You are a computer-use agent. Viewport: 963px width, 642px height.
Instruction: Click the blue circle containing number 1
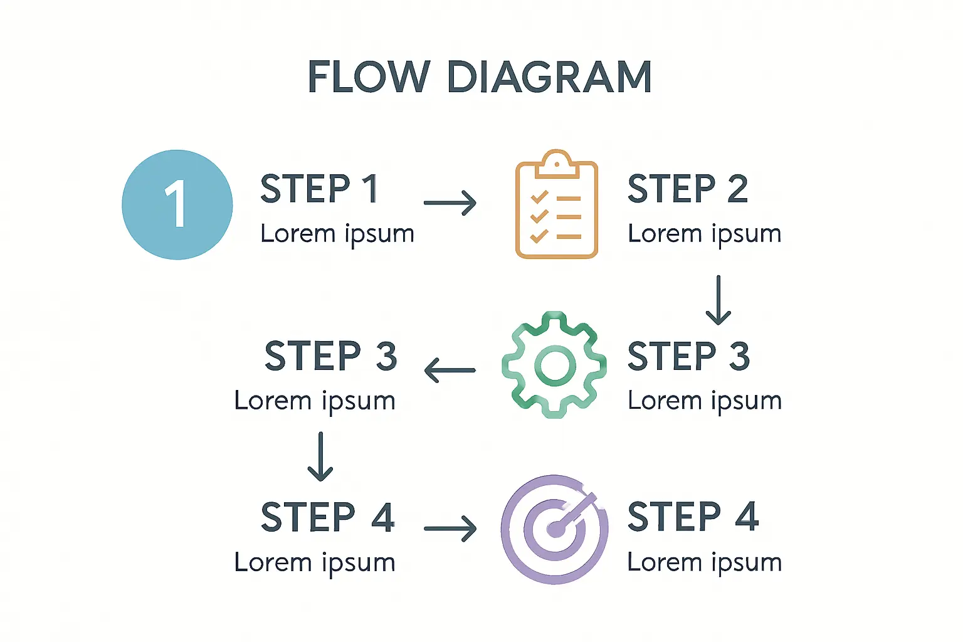pyautogui.click(x=177, y=204)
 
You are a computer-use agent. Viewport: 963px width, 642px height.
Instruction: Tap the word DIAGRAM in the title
pyautogui.click(x=549, y=77)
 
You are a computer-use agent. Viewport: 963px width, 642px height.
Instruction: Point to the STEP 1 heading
pyautogui.click(x=319, y=189)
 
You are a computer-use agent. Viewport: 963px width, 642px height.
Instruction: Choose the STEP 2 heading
pyautogui.click(x=688, y=189)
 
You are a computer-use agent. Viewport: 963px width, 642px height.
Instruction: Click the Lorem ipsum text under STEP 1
pyautogui.click(x=337, y=234)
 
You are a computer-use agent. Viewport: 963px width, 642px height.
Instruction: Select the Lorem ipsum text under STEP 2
pyautogui.click(x=705, y=234)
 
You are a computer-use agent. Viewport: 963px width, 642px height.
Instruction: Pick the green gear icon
pyautogui.click(x=554, y=365)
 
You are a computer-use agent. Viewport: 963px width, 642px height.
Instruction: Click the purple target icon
pyautogui.click(x=554, y=529)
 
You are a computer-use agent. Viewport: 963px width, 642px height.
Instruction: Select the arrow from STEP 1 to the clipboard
pyautogui.click(x=450, y=203)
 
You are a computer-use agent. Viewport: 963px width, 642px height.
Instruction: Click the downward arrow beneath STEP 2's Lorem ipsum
pyautogui.click(x=718, y=300)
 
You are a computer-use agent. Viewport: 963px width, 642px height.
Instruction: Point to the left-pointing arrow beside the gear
pyautogui.click(x=450, y=370)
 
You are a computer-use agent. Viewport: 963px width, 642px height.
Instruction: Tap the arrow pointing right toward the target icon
pyautogui.click(x=450, y=529)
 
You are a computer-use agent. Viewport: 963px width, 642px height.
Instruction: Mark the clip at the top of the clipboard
pyautogui.click(x=556, y=162)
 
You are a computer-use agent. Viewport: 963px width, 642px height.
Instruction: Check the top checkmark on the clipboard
pyautogui.click(x=539, y=197)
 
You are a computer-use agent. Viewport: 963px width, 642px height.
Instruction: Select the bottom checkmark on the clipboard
pyautogui.click(x=539, y=236)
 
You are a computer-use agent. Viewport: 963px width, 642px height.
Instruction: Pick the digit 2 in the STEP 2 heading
pyautogui.click(x=737, y=189)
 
